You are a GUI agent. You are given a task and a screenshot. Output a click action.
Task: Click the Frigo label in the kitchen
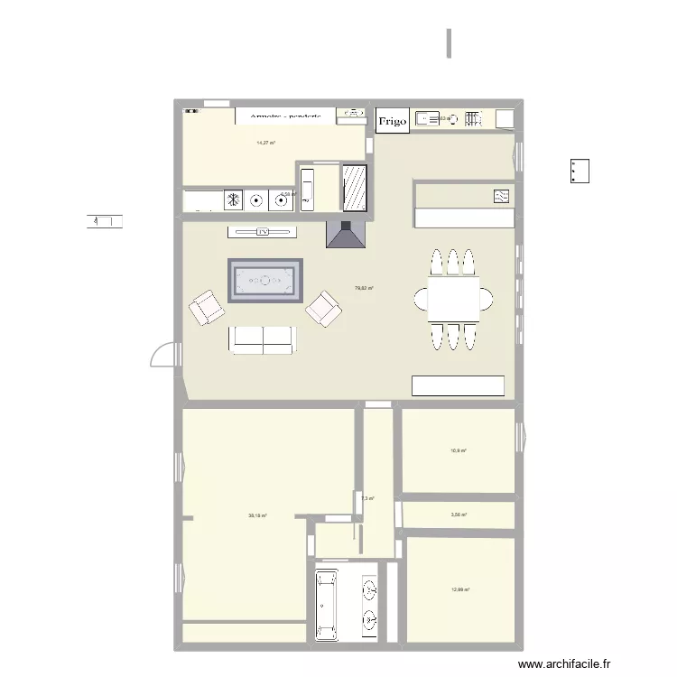click(392, 120)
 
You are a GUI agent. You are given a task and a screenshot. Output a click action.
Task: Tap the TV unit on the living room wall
click(263, 232)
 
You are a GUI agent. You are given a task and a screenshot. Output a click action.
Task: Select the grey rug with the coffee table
click(264, 280)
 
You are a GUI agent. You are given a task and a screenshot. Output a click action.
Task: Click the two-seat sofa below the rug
click(263, 338)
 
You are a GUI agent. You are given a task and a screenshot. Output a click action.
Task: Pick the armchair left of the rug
click(207, 309)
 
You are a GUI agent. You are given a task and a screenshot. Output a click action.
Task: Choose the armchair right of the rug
click(324, 309)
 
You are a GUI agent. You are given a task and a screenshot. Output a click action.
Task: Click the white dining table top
click(448, 297)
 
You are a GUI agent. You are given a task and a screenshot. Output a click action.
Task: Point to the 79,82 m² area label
click(364, 289)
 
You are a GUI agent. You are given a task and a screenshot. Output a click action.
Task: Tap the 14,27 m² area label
click(265, 143)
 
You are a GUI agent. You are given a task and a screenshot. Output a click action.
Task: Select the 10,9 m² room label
click(459, 450)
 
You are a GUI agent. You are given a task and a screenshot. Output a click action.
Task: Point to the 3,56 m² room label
click(459, 515)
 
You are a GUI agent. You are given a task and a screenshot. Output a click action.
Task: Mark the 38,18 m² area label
click(257, 516)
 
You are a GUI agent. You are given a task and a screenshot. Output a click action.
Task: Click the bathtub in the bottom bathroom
click(327, 604)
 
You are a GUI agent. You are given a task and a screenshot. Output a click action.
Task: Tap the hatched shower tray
click(354, 187)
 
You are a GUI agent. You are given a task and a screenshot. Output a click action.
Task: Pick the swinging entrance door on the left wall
click(162, 355)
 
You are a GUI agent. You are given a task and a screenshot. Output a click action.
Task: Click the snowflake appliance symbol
click(233, 199)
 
